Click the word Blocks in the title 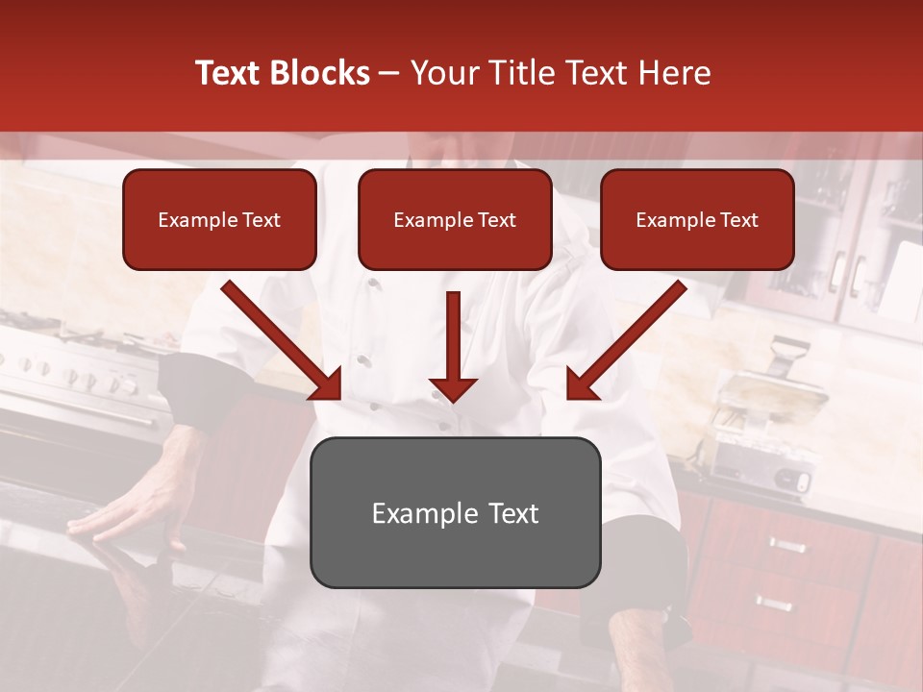(321, 73)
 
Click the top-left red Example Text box (219, 219)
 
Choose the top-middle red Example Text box (455, 219)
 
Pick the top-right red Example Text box (697, 219)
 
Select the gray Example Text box (455, 512)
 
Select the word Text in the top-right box (738, 219)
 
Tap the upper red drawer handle (786, 546)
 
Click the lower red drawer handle (774, 604)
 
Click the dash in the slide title (390, 73)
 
